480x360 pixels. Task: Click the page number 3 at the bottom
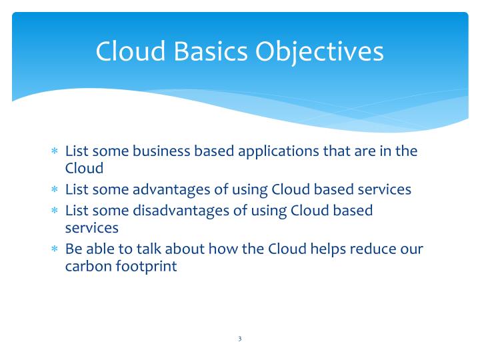239,339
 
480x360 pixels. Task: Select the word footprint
145,267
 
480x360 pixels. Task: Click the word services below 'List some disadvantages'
91,228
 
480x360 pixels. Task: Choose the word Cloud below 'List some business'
84,168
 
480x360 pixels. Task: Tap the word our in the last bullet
412,249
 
